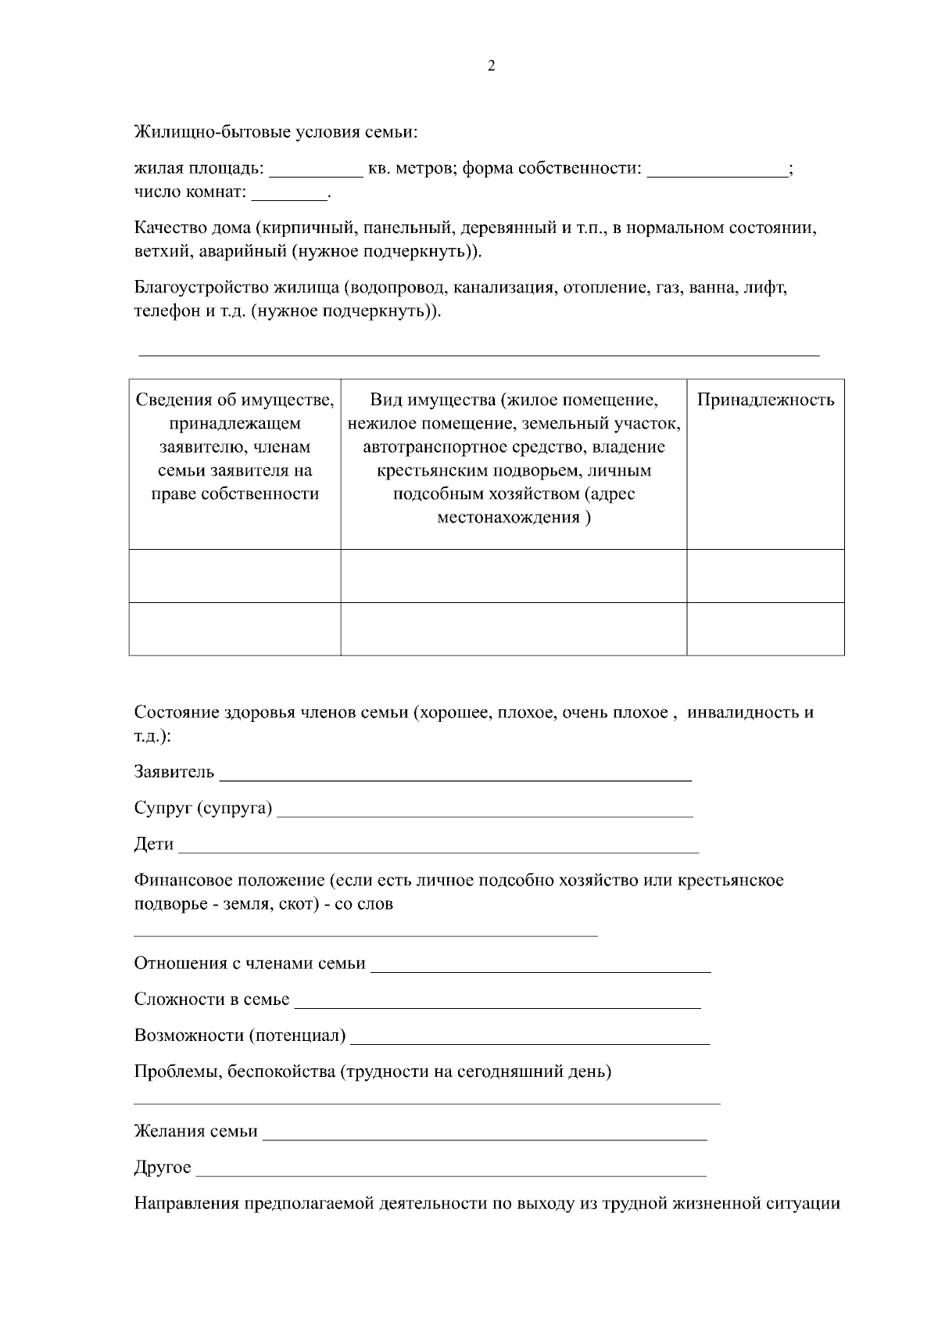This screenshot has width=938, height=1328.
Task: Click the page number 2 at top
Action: tap(491, 66)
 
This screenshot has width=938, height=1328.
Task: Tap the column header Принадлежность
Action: tap(765, 400)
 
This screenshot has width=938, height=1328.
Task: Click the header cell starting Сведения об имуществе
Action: tap(234, 447)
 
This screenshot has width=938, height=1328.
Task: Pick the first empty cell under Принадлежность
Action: tap(765, 576)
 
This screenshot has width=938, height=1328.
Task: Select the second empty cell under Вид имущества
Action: tap(514, 629)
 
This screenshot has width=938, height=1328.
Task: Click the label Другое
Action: tap(163, 1168)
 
